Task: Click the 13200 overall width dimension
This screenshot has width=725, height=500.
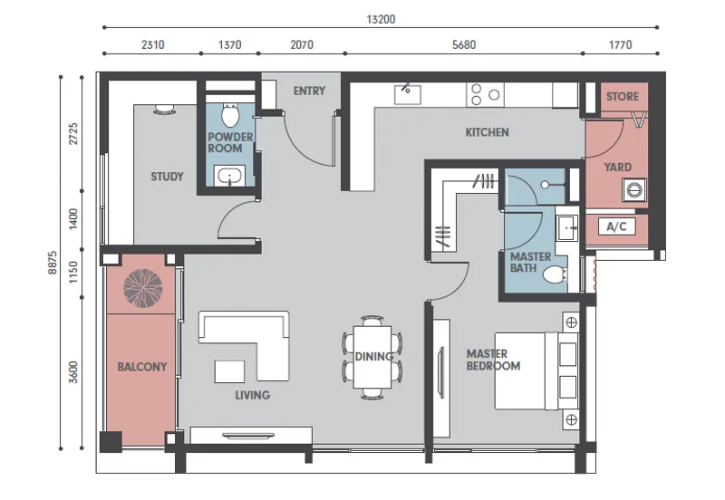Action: pos(381,19)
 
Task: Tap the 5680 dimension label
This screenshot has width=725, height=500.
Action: pos(464,44)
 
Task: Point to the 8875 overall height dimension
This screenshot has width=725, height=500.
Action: pos(53,263)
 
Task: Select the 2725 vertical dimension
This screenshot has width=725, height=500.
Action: pos(73,133)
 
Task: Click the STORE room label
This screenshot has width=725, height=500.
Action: pos(623,97)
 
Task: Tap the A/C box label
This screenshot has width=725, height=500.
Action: pos(616,226)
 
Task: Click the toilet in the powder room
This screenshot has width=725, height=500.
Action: pos(230,115)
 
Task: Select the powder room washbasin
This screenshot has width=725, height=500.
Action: pos(229,176)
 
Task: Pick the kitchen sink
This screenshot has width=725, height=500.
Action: pos(407,94)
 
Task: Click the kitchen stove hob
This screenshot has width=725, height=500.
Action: pos(485,95)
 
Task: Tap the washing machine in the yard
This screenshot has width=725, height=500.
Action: pos(633,189)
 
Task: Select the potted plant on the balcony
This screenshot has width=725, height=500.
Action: pos(143,288)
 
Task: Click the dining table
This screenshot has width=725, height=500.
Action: pos(372,357)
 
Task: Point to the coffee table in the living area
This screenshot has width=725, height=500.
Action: pos(230,371)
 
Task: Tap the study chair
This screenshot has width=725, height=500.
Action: pos(165,109)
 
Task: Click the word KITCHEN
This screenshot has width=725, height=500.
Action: pos(487,132)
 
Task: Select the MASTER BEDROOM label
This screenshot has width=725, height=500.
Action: pos(493,360)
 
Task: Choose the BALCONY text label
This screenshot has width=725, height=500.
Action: pos(142,367)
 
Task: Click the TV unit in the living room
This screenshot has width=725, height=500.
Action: pos(251,436)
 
